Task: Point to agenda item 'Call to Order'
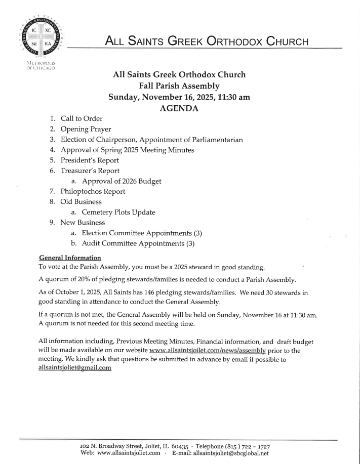tap(82, 118)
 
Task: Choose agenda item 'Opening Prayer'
tap(86, 129)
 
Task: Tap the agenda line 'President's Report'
tap(90, 160)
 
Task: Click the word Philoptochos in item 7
tap(82, 191)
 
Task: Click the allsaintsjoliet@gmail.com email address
tap(74, 368)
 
